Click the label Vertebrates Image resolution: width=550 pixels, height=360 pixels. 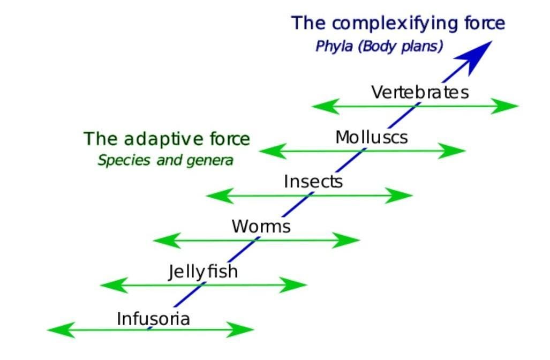point(420,92)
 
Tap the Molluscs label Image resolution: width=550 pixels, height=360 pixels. point(371,137)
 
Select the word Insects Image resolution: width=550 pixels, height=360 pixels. point(313,182)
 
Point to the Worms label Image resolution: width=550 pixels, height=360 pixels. point(261,226)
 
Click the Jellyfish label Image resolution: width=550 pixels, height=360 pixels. point(203,272)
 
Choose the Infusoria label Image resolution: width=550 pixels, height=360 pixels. point(153,319)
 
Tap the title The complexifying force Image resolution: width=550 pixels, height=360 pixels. point(398,24)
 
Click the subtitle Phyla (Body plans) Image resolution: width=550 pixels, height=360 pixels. point(379,46)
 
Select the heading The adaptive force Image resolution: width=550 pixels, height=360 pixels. point(167,139)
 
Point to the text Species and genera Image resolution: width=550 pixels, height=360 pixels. point(165,160)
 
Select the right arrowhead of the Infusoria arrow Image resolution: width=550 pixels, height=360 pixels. point(239,329)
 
